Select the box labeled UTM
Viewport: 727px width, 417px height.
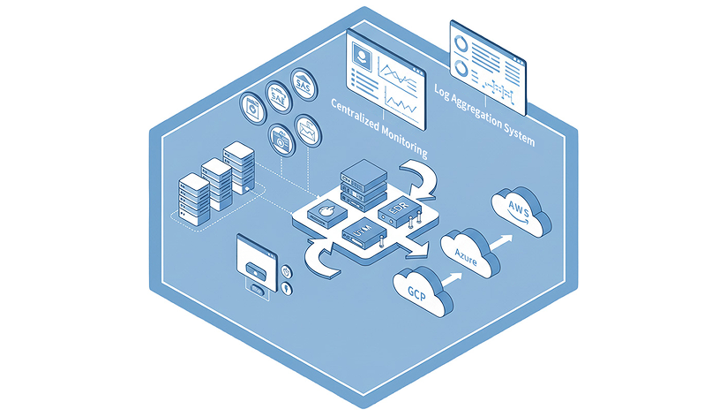(361, 234)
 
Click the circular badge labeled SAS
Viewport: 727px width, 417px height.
(303, 86)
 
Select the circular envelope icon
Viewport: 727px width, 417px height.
(308, 130)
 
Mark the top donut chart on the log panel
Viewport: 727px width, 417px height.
(461, 41)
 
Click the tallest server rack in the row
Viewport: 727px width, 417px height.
(238, 167)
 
